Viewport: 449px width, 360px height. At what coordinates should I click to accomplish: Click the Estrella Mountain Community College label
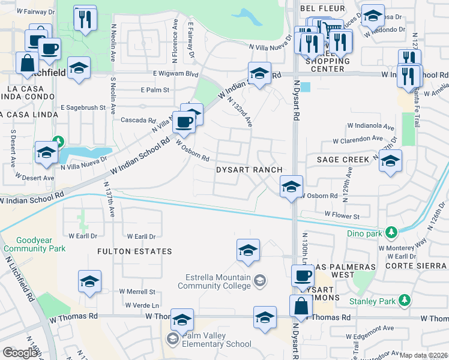point(217,281)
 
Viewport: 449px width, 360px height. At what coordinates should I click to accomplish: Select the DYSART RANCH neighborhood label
point(249,170)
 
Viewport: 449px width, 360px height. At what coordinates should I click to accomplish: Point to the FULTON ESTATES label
point(136,251)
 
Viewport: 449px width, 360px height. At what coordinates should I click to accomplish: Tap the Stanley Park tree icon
point(405,299)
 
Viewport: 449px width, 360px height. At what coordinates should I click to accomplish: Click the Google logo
point(20,353)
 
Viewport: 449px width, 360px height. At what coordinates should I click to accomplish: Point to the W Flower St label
point(342,214)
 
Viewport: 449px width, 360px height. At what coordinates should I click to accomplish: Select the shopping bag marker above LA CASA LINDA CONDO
point(28,63)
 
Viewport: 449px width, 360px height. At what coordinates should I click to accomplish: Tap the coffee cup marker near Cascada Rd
point(184,122)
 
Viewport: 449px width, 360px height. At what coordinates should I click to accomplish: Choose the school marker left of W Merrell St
point(89,281)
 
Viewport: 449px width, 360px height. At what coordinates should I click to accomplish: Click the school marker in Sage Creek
point(390,161)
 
